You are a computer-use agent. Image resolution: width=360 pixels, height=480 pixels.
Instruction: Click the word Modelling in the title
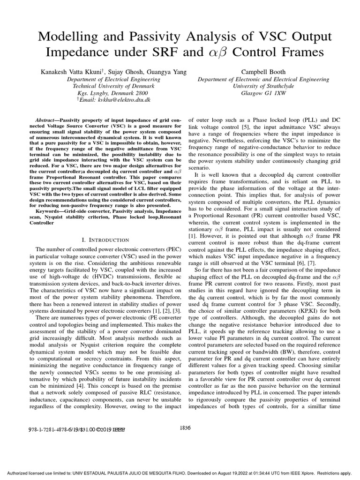click(x=58, y=37)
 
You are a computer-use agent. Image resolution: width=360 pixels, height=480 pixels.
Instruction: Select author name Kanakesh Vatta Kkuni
click(x=71, y=72)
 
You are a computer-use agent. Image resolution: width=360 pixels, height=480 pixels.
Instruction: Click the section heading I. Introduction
click(x=105, y=240)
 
